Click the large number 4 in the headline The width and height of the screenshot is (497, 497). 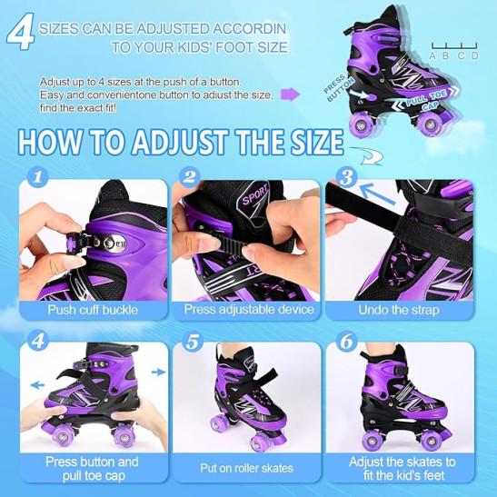tap(21, 32)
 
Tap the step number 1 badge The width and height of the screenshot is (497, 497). tap(38, 177)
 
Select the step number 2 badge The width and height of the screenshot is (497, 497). tap(190, 177)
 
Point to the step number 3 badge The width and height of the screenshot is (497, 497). tap(346, 177)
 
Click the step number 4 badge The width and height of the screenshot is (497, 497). tap(38, 342)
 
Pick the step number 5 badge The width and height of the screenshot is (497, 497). tap(192, 342)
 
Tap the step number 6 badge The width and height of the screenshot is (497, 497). tap(346, 342)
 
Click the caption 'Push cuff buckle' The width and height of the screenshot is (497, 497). tap(93, 310)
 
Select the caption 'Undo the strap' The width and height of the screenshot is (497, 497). tap(399, 310)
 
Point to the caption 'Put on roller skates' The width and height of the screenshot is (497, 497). tap(246, 468)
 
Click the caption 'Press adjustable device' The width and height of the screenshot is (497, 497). tap(249, 309)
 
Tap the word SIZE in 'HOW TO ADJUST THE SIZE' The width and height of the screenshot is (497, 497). tap(317, 143)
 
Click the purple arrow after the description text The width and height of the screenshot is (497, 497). tap(290, 94)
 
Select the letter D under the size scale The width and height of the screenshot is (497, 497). tap(474, 55)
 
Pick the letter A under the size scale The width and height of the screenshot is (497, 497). tap(432, 55)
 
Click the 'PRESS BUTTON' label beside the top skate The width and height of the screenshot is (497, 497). tap(339, 88)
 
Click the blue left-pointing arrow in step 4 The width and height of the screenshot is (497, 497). tap(37, 385)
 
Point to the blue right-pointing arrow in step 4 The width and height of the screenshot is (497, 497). tap(159, 373)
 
